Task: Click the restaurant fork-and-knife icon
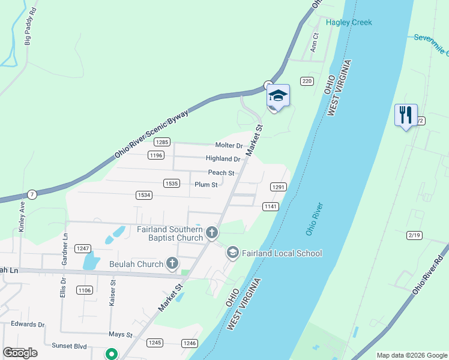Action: (406, 114)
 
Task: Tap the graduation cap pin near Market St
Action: (278, 95)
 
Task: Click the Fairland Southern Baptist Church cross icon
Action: (211, 232)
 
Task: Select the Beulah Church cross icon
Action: (172, 263)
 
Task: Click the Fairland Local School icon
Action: (233, 253)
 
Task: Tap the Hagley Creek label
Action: (349, 22)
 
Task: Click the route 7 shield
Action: (31, 194)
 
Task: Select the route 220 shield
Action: (307, 81)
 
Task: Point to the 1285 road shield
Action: (161, 142)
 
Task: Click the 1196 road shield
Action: (156, 155)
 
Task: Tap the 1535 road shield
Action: (172, 183)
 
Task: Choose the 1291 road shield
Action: (277, 187)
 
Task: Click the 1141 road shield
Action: (270, 206)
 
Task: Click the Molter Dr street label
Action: (229, 146)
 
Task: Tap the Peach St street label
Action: (221, 172)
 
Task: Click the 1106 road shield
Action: (84, 290)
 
